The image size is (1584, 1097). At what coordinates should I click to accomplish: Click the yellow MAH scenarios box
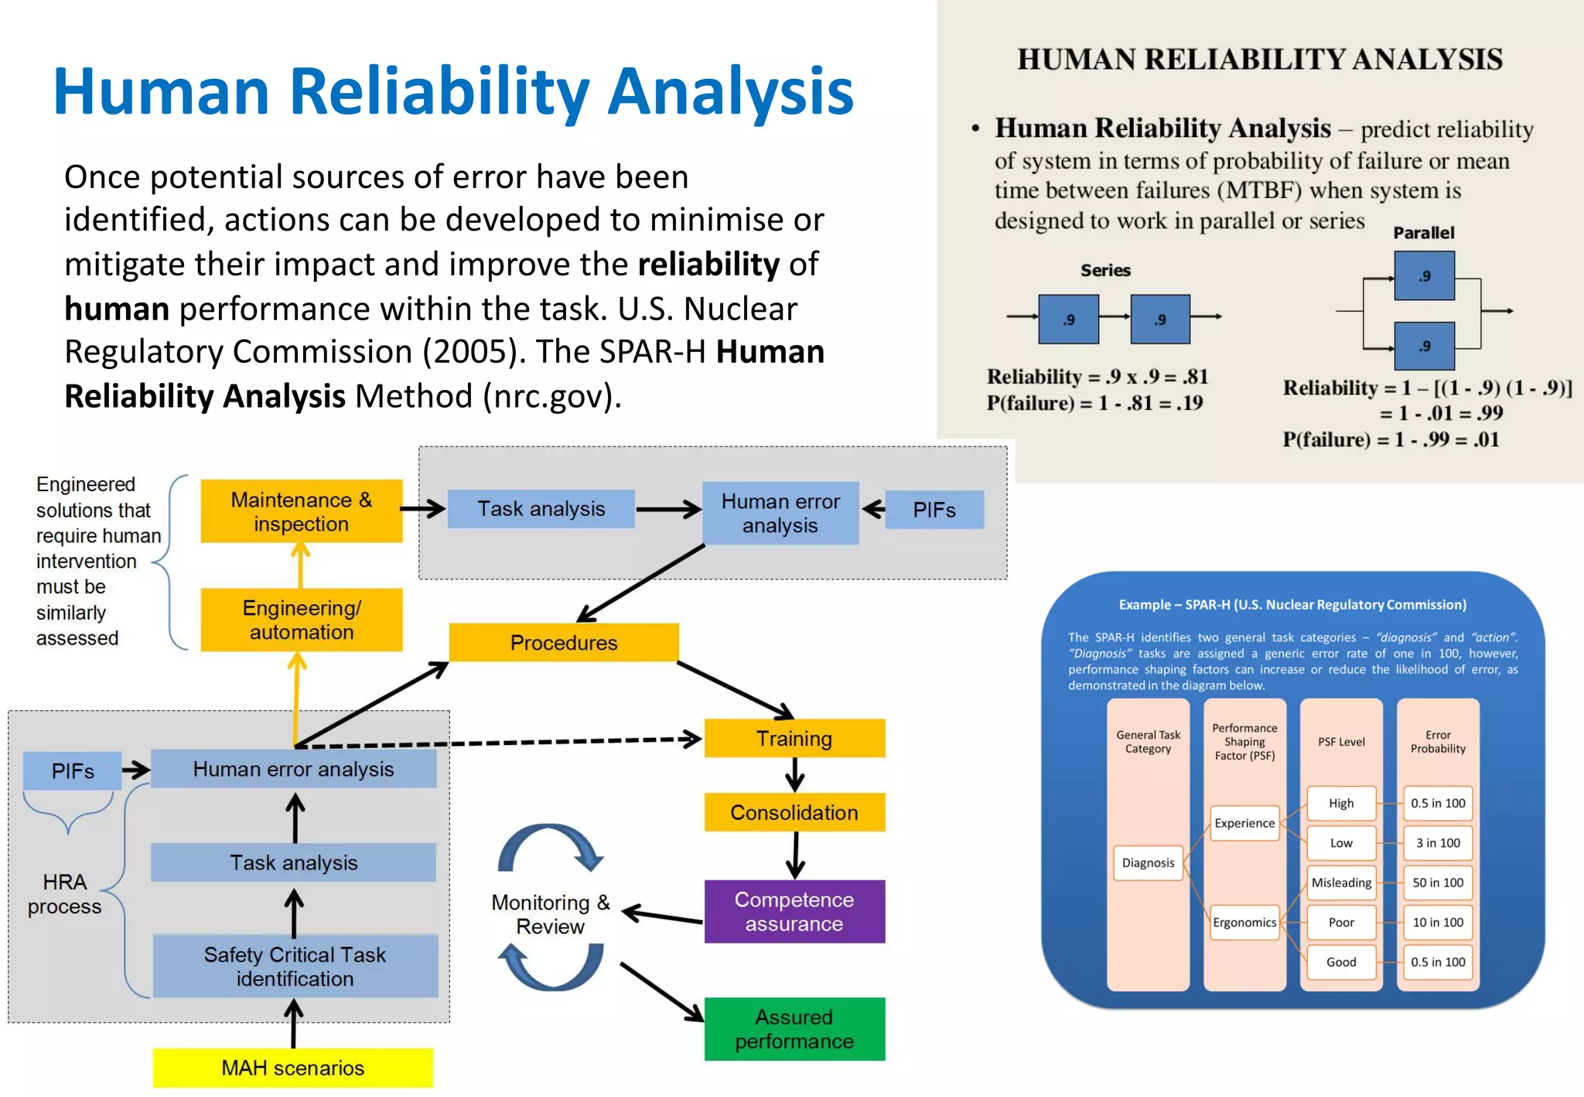pos(292,1068)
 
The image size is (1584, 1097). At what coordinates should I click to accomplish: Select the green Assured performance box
pos(794,1029)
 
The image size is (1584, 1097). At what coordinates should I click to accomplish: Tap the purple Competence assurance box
pos(794,911)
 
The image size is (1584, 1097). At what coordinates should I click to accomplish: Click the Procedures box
pos(564,643)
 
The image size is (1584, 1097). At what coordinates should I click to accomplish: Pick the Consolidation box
pos(794,812)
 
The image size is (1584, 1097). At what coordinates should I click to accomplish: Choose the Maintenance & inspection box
pos(301,511)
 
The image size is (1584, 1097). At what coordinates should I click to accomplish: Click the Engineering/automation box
pos(301,620)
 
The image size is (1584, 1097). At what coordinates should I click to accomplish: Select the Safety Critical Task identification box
pos(295,966)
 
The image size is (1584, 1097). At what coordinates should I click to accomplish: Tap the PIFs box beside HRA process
pos(73,771)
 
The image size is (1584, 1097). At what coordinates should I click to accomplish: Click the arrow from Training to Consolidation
pos(795,774)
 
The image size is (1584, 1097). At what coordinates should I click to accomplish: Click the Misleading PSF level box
pos(1341,883)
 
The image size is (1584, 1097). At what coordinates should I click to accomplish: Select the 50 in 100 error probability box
pos(1437,883)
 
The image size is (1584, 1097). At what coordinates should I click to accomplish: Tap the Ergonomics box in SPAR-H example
pos(1244,922)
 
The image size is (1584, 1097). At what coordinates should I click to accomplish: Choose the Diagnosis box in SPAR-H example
pos(1148,863)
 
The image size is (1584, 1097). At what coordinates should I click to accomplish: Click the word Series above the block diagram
pos(1105,271)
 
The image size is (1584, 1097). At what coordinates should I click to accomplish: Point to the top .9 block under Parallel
pos(1424,276)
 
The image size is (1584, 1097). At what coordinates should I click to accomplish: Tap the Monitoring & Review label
pos(550,914)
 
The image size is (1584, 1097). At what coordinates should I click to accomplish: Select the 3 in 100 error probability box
pos(1437,843)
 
